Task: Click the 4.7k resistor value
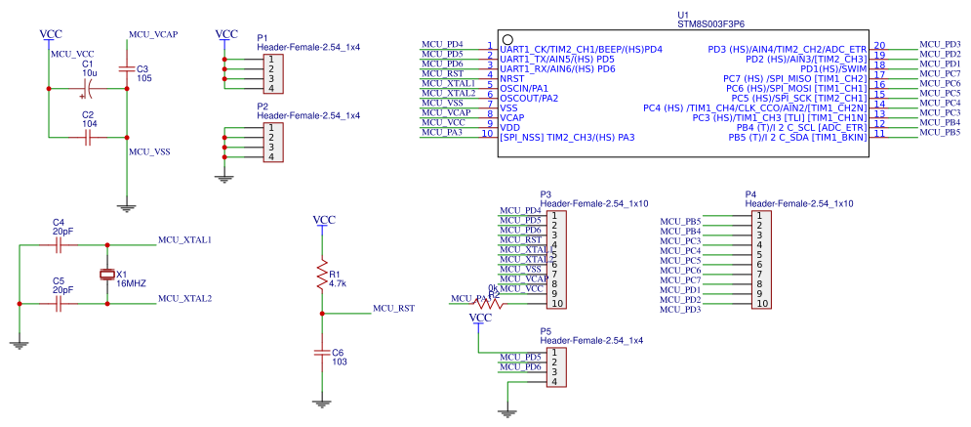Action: tap(339, 284)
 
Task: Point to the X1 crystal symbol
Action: tap(107, 275)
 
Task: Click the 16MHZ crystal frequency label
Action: tap(131, 283)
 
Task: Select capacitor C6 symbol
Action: tap(321, 352)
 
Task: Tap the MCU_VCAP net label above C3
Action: tap(153, 34)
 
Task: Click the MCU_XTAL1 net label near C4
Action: tap(184, 239)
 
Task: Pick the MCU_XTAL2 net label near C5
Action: tap(184, 298)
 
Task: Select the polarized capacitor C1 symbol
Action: tap(87, 89)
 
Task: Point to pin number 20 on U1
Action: tap(879, 45)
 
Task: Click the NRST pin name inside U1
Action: tap(512, 77)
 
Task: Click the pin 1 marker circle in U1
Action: tap(507, 38)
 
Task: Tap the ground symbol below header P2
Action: tap(224, 178)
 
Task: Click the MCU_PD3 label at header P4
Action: tap(680, 310)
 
